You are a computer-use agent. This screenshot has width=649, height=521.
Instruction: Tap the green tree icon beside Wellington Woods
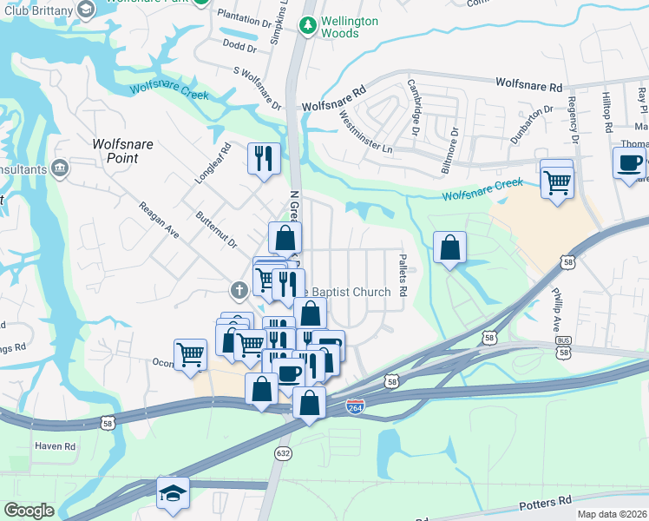tap(306, 26)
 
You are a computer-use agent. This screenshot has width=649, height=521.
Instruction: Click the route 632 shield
tap(284, 452)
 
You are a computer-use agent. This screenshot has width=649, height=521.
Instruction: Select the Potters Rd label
tap(546, 503)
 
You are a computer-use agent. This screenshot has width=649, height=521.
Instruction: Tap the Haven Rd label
tap(56, 446)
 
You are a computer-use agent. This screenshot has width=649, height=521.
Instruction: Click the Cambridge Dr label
tap(416, 108)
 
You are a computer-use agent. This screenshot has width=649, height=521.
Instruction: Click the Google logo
tap(28, 511)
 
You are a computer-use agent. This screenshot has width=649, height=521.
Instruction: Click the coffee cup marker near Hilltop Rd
tap(629, 162)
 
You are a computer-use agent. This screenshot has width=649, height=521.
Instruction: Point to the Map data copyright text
tap(611, 514)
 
